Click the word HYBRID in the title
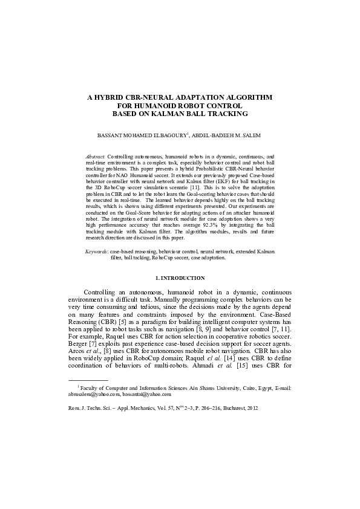click(x=111, y=97)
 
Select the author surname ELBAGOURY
click(x=167, y=136)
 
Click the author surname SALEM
click(x=252, y=136)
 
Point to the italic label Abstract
click(x=95, y=156)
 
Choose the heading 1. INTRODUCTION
click(x=180, y=278)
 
